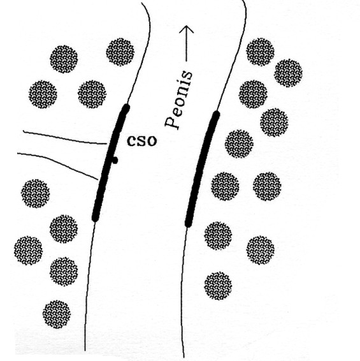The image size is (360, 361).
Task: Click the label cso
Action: (141, 141)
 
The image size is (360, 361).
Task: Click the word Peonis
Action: (179, 99)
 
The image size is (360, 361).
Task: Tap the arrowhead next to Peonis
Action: (186, 29)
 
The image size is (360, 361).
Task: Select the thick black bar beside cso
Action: (111, 163)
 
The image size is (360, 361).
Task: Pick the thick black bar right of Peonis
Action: (202, 168)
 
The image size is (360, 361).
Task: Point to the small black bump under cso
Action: (115, 160)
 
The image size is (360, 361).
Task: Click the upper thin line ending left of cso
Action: (65, 138)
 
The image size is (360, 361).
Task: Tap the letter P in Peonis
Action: (172, 122)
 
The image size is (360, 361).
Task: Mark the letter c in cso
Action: (131, 141)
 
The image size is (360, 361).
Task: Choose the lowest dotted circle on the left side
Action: (57, 314)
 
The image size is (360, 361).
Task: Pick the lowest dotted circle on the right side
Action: (218, 286)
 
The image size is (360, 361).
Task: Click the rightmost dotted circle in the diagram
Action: (288, 73)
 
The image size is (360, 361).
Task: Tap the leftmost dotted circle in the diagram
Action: (28, 251)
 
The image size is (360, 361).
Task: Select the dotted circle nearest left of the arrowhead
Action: (120, 52)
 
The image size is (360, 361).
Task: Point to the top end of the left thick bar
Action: (126, 107)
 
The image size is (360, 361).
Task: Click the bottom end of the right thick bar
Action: (189, 225)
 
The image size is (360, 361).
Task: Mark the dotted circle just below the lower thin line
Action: (36, 193)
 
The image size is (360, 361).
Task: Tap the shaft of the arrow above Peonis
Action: (186, 44)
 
